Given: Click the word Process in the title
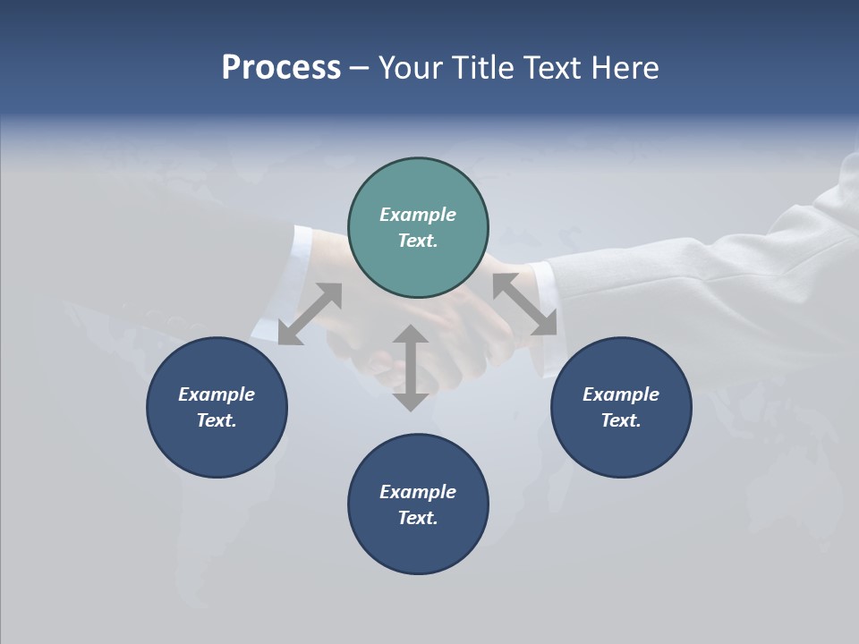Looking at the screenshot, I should click(281, 68).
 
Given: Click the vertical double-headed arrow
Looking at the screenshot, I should click(410, 368).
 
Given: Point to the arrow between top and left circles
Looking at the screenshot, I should click(310, 314).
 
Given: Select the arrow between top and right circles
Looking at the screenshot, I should click(524, 304).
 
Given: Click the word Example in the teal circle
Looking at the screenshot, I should click(418, 215).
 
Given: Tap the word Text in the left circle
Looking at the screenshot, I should click(217, 420).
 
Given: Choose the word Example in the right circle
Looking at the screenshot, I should click(621, 394).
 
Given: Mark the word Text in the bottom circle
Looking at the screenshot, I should click(418, 518).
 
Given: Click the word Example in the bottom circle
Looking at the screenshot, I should click(418, 492).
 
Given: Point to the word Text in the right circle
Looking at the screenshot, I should click(621, 420).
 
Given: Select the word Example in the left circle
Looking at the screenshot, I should click(217, 394).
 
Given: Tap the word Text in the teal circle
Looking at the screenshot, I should click(418, 241).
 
